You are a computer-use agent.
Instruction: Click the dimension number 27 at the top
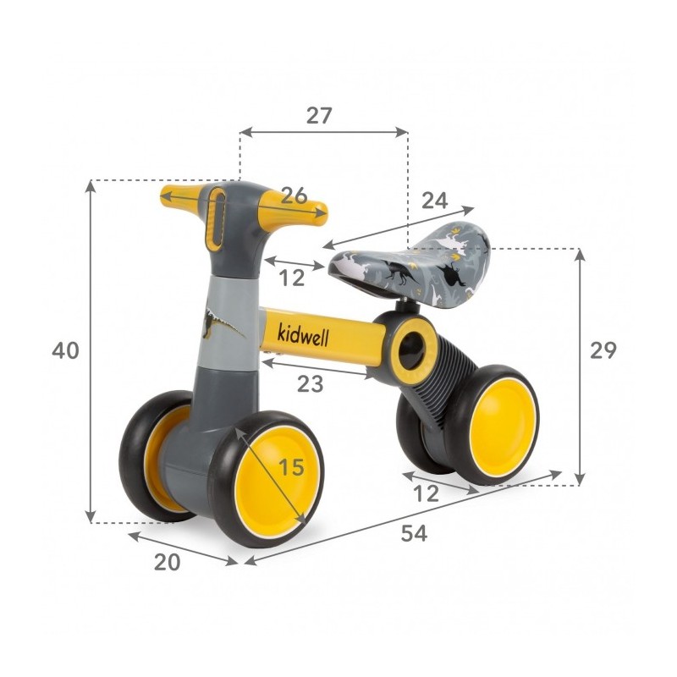(x=319, y=115)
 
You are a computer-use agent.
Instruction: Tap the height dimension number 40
(x=65, y=350)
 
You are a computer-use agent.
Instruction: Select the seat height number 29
(x=603, y=350)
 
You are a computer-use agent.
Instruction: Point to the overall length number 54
(x=414, y=533)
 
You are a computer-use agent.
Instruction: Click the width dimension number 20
(x=167, y=562)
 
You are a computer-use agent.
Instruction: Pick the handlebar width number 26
(x=294, y=195)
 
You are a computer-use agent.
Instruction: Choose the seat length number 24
(x=435, y=201)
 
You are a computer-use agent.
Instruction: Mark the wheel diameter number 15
(x=291, y=467)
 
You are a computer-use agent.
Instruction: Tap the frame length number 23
(x=310, y=384)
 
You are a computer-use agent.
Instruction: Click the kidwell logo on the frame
(x=303, y=334)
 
